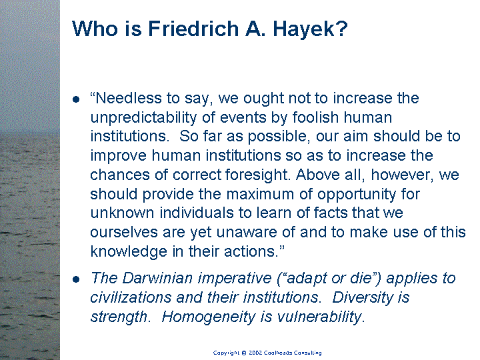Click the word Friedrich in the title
click(x=193, y=29)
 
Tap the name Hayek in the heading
click(x=310, y=29)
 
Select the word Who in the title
click(x=95, y=29)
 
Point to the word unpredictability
click(x=143, y=117)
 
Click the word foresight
click(x=257, y=175)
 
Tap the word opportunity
click(x=356, y=195)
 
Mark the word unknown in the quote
click(x=122, y=213)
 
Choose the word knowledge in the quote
click(x=129, y=252)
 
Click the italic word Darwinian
click(x=157, y=278)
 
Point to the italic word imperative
click(x=235, y=279)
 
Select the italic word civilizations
click(x=131, y=297)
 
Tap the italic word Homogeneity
click(x=208, y=317)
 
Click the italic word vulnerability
click(x=319, y=317)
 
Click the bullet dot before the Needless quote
click(x=76, y=99)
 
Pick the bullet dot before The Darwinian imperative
click(x=76, y=279)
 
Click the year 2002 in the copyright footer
click(x=255, y=353)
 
